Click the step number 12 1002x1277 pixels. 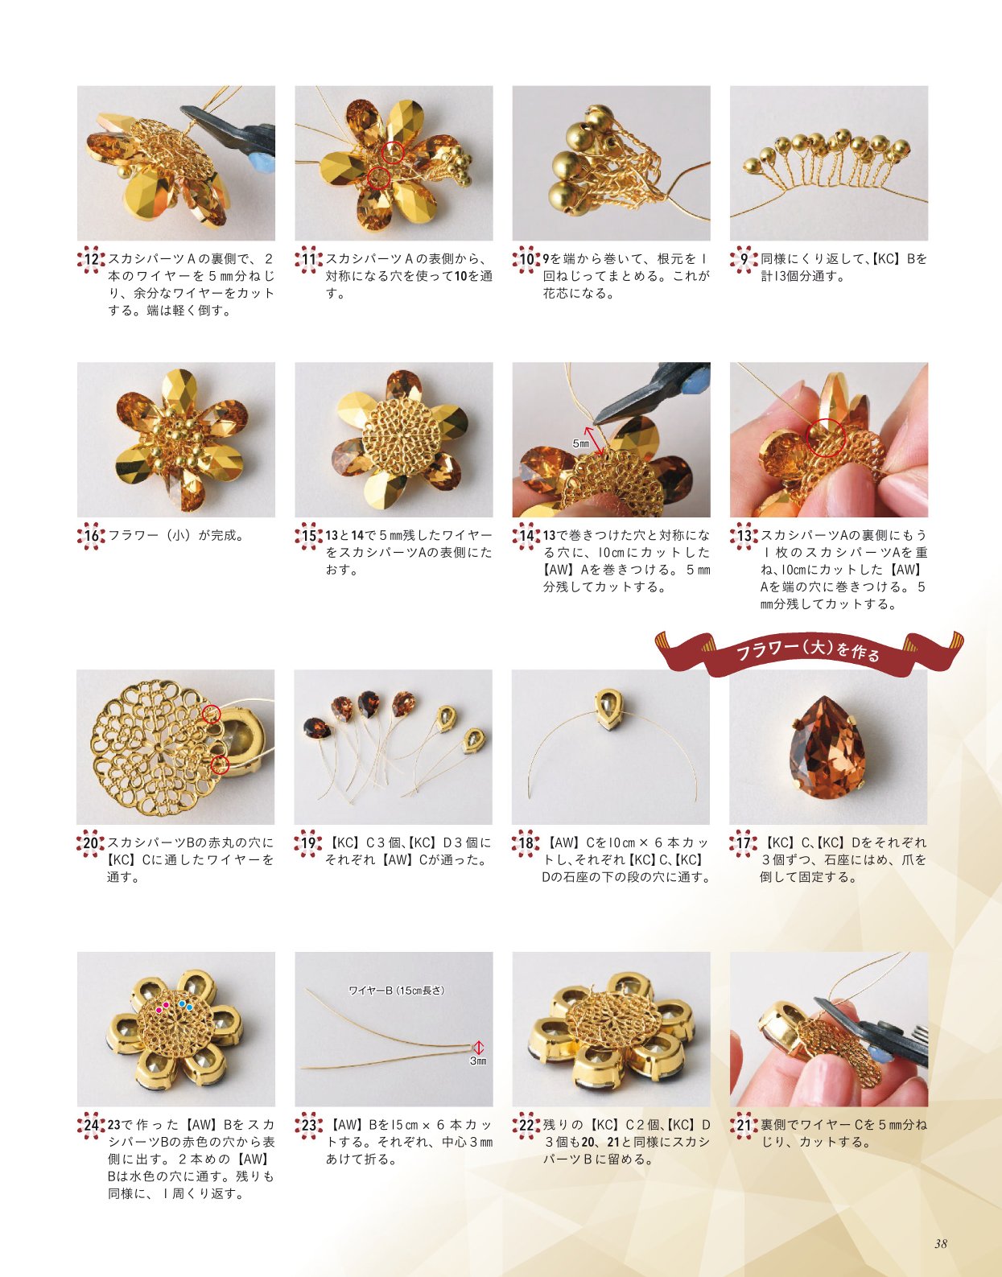(x=92, y=259)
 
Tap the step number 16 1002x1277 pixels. (x=92, y=535)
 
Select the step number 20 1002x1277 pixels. (x=91, y=842)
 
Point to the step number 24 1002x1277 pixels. (x=92, y=1125)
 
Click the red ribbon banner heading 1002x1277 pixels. (x=809, y=653)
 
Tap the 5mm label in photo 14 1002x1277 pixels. (x=580, y=443)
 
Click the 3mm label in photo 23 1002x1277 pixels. (x=478, y=1061)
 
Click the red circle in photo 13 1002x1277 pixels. (x=825, y=437)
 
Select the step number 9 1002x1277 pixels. (x=744, y=259)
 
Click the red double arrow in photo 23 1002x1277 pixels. (x=478, y=1047)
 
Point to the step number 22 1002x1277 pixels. (x=526, y=1125)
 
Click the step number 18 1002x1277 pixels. (x=526, y=842)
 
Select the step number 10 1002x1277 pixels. (x=526, y=259)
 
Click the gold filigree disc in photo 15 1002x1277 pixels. (x=402, y=440)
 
